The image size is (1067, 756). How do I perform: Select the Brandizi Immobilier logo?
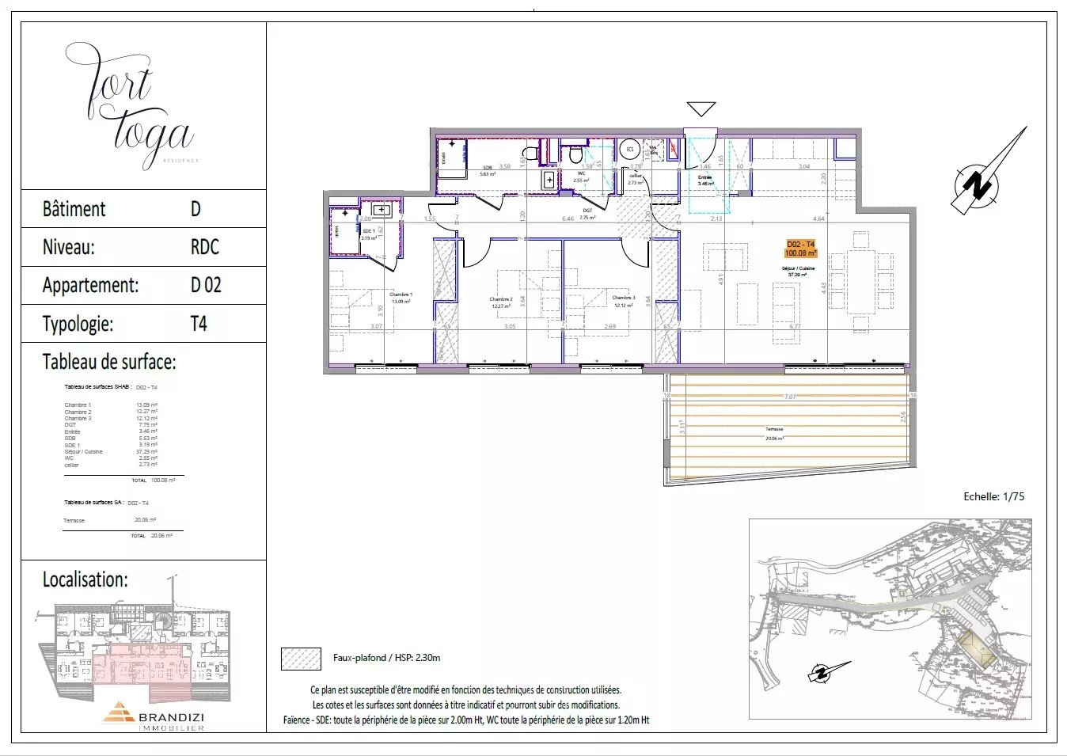tap(154, 716)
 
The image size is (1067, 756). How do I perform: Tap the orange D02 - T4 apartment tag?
tap(800, 249)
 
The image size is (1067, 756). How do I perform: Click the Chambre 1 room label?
tap(400, 298)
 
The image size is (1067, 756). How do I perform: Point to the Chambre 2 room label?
tap(500, 302)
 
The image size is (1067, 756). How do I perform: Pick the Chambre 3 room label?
tap(622, 302)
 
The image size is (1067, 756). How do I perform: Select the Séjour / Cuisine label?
tap(796, 272)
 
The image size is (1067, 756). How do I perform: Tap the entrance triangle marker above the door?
tap(701, 109)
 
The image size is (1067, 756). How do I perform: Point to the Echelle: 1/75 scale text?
tap(993, 496)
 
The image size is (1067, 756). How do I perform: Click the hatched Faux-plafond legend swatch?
tap(301, 659)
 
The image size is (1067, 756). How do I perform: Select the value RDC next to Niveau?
tap(204, 247)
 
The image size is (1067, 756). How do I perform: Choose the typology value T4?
tap(199, 324)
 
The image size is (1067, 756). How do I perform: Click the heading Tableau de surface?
tap(109, 363)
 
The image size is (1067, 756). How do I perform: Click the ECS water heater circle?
tap(630, 150)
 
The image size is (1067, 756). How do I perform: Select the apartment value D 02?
tap(206, 286)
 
